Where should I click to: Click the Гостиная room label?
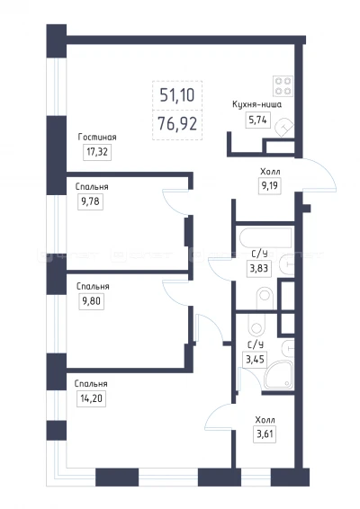[x=97, y=138]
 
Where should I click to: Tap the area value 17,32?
[x=97, y=152]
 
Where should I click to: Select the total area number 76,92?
[x=177, y=124]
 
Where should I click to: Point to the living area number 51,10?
[x=177, y=95]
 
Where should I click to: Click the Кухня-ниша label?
[x=256, y=104]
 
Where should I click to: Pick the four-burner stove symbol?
[x=283, y=86]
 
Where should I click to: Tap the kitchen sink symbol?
[x=284, y=127]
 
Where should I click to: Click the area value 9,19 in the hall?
[x=270, y=186]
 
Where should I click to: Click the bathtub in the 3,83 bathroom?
[x=265, y=237]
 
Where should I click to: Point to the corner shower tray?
[x=279, y=375]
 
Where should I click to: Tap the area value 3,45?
[x=255, y=360]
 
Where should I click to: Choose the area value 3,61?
[x=265, y=434]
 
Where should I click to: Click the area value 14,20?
[x=91, y=398]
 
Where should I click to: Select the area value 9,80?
[x=92, y=301]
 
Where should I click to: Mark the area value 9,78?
[x=90, y=201]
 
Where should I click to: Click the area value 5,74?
[x=257, y=121]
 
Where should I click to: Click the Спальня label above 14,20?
[x=91, y=384]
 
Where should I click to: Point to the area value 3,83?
[x=259, y=269]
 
